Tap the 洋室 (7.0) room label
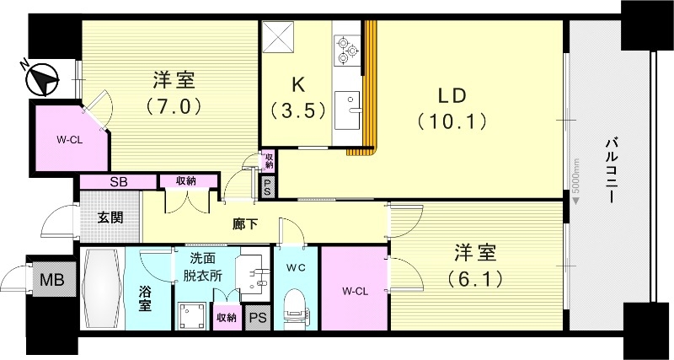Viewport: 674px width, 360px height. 174,94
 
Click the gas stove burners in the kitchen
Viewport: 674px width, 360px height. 345,50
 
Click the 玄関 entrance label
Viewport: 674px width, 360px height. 110,218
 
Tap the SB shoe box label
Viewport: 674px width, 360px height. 118,181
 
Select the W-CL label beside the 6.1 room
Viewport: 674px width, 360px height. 355,292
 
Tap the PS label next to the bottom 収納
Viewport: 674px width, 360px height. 257,317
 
